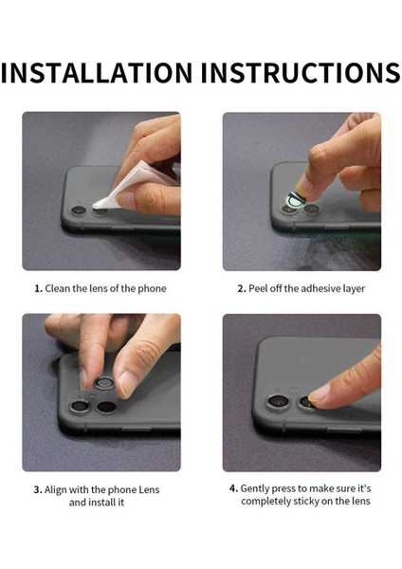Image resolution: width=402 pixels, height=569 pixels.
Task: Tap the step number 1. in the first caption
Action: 38,288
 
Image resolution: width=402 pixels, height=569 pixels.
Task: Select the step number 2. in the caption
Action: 241,288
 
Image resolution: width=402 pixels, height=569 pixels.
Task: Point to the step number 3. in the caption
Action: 38,489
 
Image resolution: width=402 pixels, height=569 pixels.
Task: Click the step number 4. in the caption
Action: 233,488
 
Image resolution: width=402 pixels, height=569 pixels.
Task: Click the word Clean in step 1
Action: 60,288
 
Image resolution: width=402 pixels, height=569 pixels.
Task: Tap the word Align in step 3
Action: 60,489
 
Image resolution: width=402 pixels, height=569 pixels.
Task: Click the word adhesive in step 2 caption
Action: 320,288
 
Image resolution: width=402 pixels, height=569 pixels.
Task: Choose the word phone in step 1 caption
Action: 149,288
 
